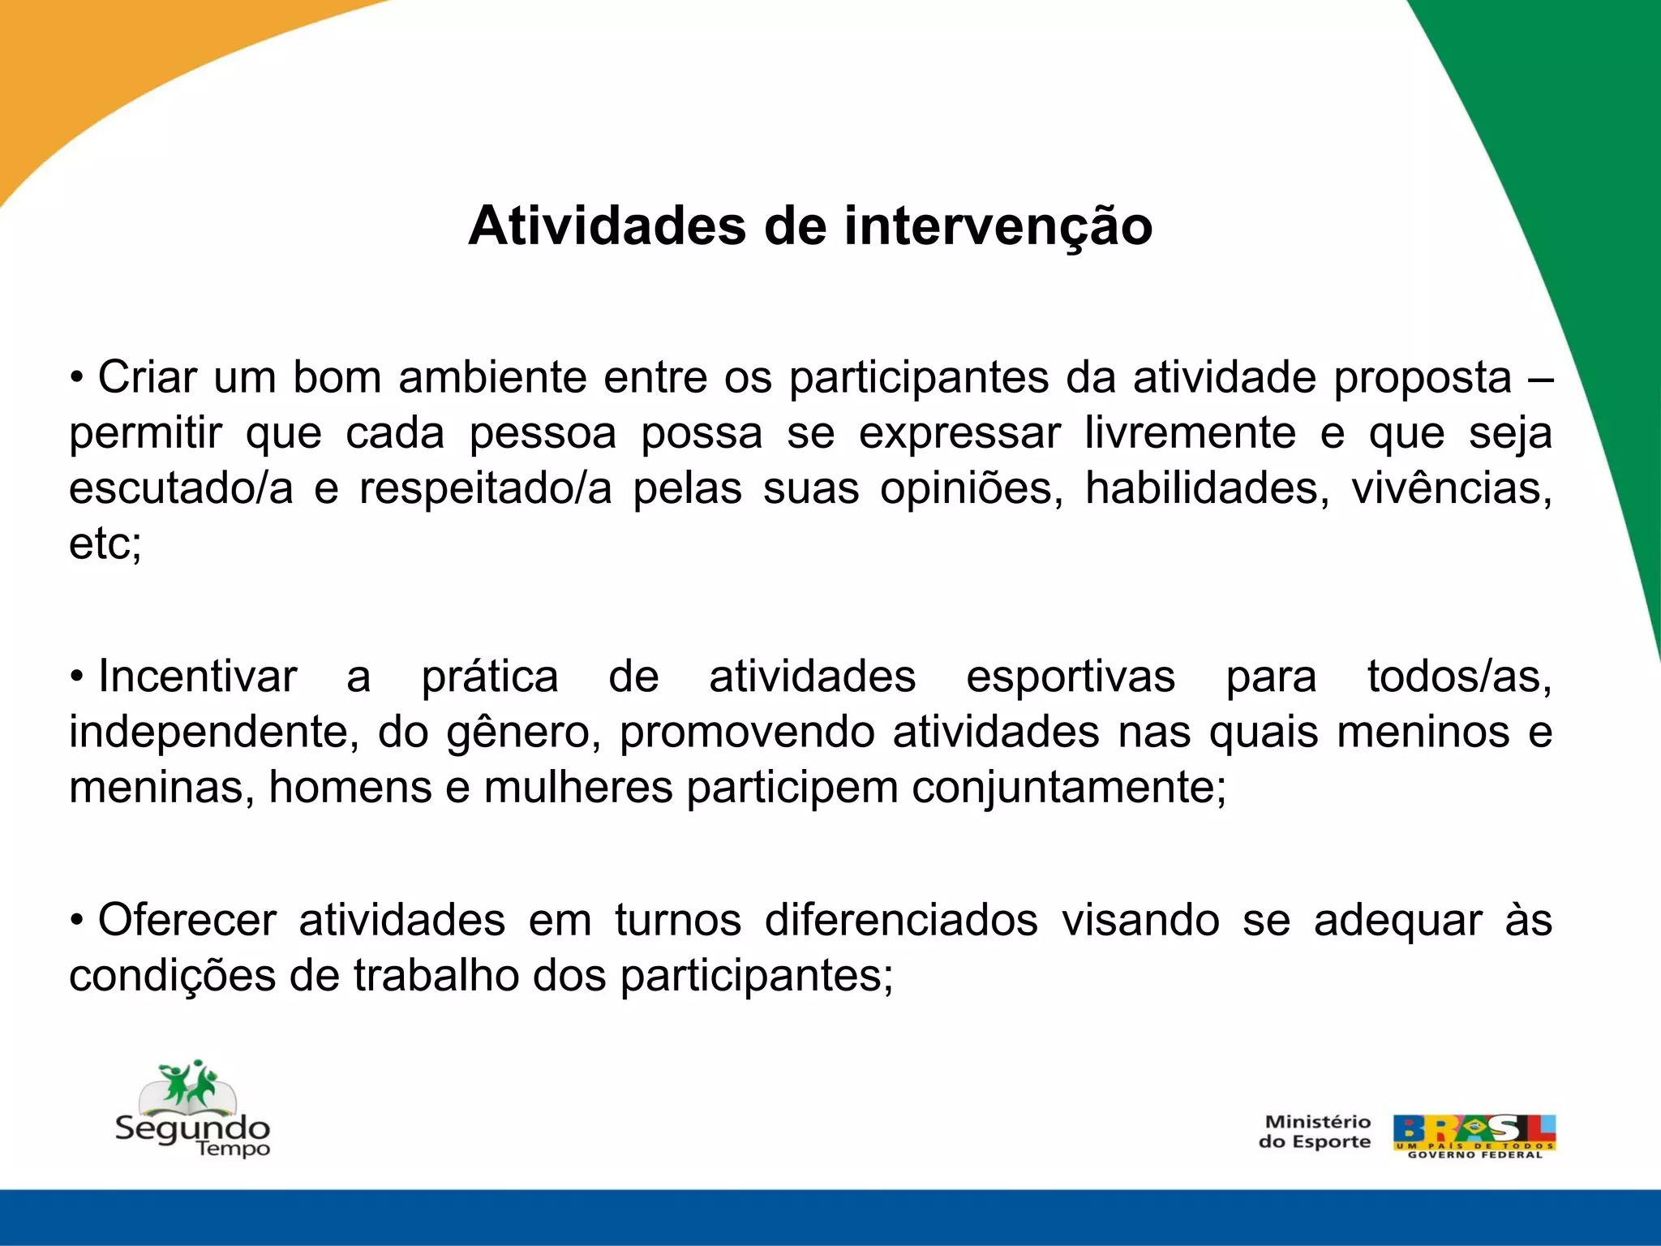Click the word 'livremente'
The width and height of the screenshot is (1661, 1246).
[1190, 433]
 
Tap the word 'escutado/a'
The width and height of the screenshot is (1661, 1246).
[180, 488]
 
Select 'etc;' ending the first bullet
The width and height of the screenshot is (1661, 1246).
[105, 544]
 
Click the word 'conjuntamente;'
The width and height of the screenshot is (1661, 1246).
[1069, 788]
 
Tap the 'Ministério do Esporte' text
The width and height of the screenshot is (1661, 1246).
[1315, 1132]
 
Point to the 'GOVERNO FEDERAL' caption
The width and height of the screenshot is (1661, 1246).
[1474, 1154]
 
